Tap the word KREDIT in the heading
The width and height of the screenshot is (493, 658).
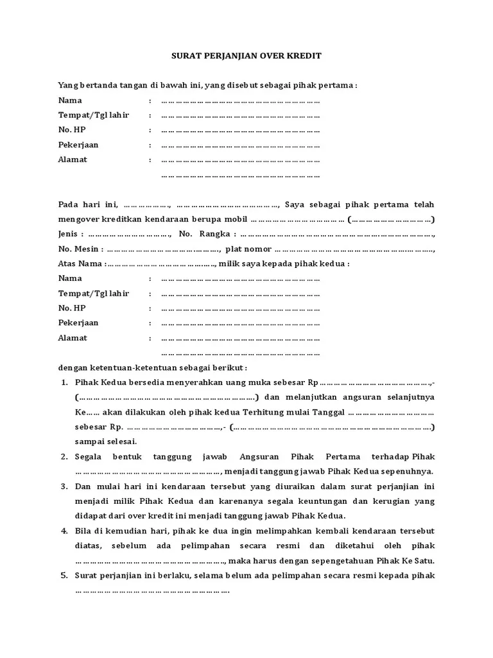(306, 56)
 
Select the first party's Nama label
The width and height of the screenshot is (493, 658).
(70, 100)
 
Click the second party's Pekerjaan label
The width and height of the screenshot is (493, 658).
(78, 323)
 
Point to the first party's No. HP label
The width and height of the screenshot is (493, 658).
(72, 130)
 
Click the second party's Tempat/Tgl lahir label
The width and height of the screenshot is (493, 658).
(94, 293)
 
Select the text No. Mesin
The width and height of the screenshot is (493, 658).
(79, 249)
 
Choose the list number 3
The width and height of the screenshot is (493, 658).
(64, 486)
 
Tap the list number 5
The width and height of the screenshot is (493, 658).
(64, 575)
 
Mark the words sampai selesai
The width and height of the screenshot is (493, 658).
(105, 441)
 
